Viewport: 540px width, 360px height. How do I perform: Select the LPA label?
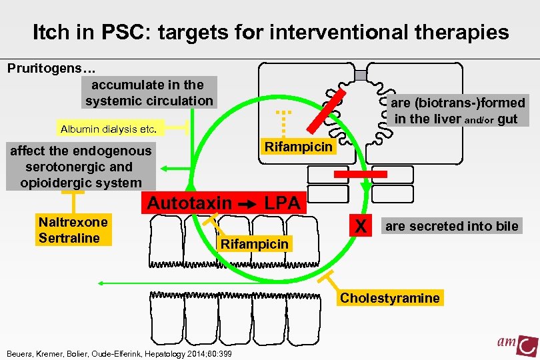click(283, 203)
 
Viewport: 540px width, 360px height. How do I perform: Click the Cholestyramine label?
click(390, 297)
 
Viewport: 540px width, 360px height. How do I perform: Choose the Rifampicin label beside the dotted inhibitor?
click(298, 147)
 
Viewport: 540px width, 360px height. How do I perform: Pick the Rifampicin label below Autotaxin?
click(255, 244)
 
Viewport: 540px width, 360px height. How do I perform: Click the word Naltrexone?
click(73, 222)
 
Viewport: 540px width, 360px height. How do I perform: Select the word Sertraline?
click(69, 238)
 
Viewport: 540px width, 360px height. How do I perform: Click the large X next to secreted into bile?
click(361, 227)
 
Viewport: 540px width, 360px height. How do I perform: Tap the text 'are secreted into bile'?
click(451, 226)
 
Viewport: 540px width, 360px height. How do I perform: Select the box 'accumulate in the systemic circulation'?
click(149, 93)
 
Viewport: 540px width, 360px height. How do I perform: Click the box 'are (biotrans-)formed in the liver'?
click(457, 111)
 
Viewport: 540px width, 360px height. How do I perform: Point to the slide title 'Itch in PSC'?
click(270, 31)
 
